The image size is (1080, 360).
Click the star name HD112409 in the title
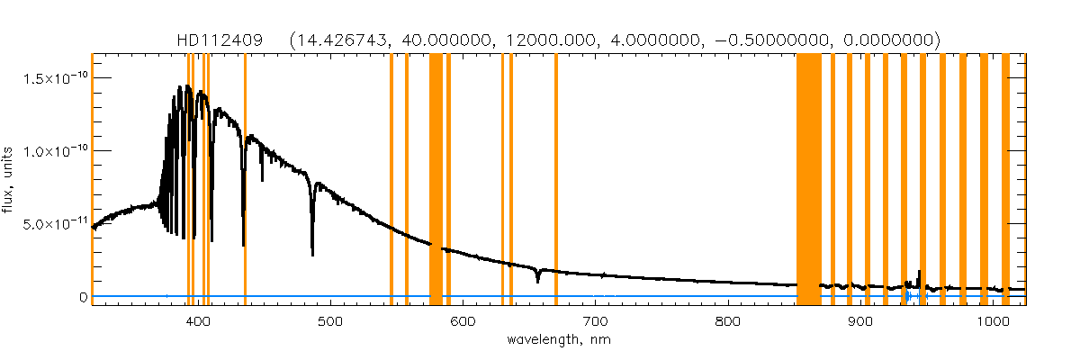pos(220,40)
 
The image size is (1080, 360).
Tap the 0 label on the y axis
pos(83,296)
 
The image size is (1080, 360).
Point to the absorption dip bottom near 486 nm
pos(312,254)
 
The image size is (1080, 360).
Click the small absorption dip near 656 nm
pos(537,281)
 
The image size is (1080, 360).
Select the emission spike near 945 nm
pos(919,272)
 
